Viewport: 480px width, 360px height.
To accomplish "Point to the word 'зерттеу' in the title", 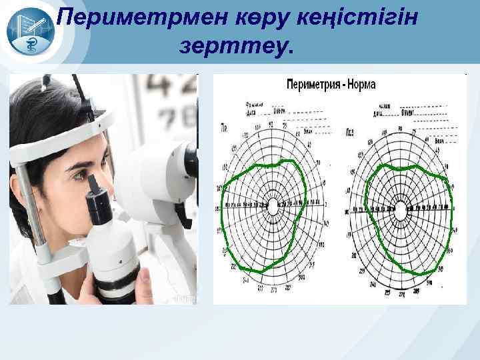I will pyautogui.click(x=233, y=47).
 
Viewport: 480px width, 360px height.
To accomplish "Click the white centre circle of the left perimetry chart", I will pyautogui.click(x=272, y=207).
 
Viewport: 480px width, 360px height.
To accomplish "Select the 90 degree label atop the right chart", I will pyautogui.click(x=401, y=127).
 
